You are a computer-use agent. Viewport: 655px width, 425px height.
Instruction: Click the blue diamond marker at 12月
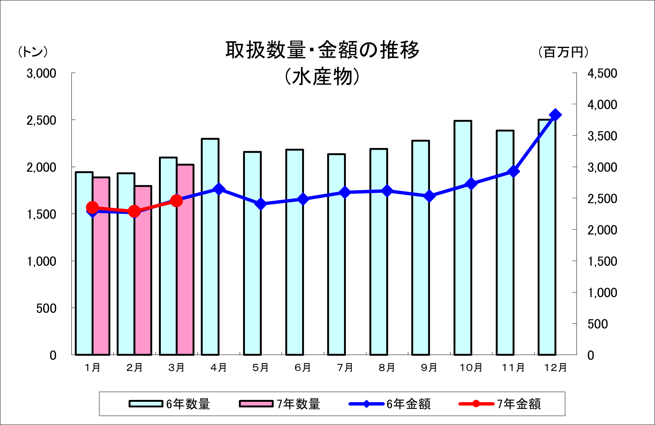[555, 115]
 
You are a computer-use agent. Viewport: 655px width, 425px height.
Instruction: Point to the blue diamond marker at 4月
[219, 189]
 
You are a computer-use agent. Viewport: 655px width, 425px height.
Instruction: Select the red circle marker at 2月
[134, 212]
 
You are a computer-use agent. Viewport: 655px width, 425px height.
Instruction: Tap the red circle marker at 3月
[176, 201]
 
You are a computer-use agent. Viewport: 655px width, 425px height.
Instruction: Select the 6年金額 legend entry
[389, 404]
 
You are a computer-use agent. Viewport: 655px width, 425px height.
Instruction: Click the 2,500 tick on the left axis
[41, 121]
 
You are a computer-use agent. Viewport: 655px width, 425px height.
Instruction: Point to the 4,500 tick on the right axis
[602, 73]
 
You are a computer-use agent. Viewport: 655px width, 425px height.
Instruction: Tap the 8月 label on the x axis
[387, 368]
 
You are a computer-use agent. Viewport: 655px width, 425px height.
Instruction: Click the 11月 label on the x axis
[513, 368]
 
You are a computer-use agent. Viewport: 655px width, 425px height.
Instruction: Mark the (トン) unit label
[33, 52]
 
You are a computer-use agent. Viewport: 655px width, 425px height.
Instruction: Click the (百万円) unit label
[563, 52]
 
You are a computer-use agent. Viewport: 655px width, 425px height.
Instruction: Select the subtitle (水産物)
[322, 77]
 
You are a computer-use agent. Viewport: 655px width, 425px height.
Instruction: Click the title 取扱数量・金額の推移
[322, 50]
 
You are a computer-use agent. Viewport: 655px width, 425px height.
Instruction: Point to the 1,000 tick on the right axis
[602, 292]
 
